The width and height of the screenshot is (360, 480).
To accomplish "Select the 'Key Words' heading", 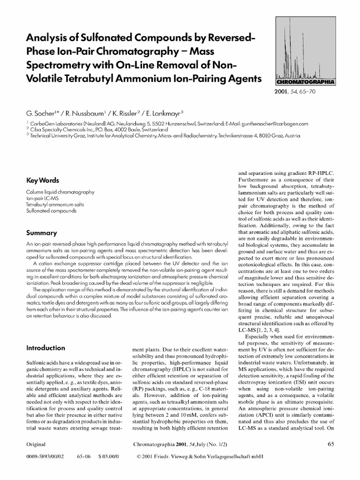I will [x=43, y=180].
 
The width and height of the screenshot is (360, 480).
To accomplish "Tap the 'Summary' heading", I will [x=42, y=233].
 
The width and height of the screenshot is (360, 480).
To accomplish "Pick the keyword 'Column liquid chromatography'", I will [x=60, y=192].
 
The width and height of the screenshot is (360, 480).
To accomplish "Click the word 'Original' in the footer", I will [x=36, y=444].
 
